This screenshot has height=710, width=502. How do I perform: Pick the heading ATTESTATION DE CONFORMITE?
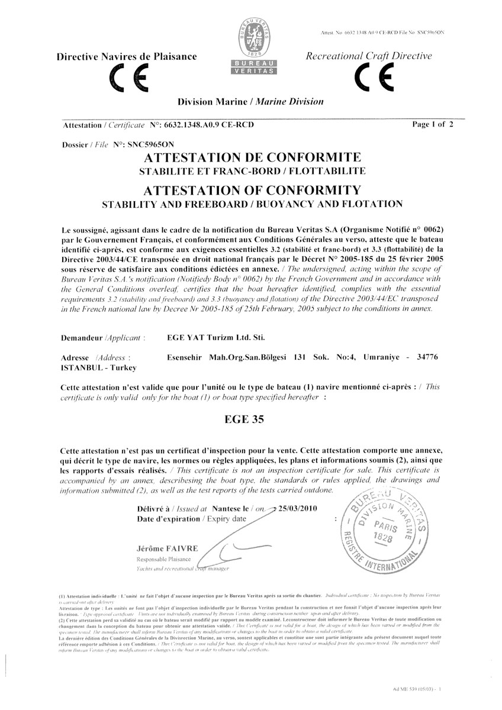(252, 157)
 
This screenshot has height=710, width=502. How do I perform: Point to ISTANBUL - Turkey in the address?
(98, 367)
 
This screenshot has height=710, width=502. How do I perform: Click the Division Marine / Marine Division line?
(251, 102)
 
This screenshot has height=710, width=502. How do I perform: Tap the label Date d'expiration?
(169, 518)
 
